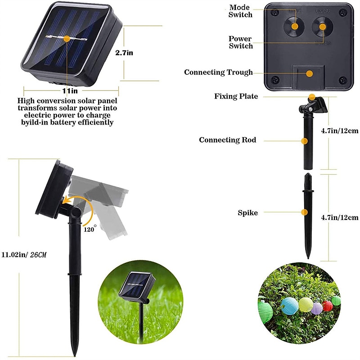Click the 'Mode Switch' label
240,11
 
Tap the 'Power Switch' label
240,42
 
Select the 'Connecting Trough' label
218,72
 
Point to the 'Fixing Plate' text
236,96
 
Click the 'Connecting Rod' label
228,140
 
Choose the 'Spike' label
248,213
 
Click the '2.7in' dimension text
124,53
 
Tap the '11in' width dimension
70,91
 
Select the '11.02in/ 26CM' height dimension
24,255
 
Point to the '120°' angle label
90,229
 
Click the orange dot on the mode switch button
295,26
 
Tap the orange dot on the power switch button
323,27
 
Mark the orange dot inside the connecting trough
310,73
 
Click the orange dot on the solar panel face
67,39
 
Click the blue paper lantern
289,306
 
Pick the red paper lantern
328,306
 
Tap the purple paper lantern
317,308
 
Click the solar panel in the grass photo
137,287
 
